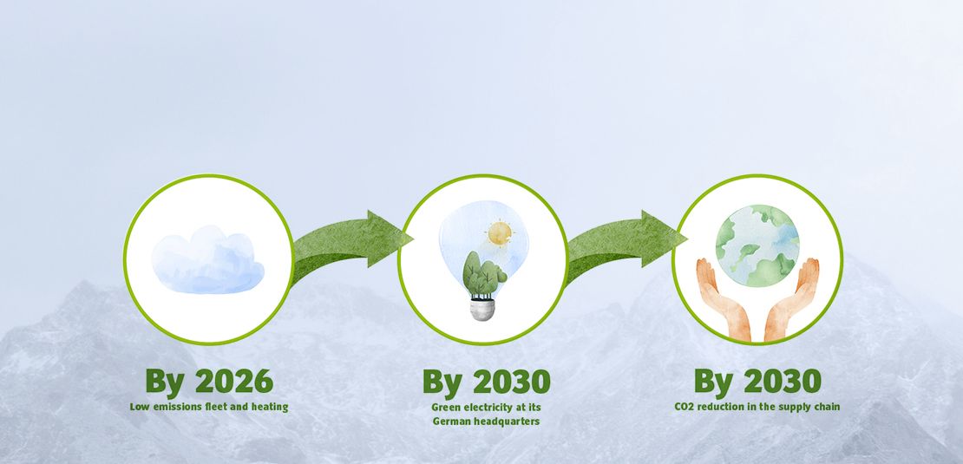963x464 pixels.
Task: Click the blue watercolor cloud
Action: (207, 259)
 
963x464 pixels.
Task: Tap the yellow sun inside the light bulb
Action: (500, 233)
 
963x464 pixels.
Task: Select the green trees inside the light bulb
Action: (483, 274)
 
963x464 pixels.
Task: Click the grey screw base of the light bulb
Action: (482, 309)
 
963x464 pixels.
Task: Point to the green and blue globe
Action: (757, 245)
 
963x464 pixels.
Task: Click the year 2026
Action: (234, 382)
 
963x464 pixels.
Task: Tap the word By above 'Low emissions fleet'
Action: (165, 383)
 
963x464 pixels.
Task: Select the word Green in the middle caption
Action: (445, 407)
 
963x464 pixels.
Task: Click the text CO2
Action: (685, 406)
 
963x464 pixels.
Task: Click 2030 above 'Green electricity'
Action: (512, 382)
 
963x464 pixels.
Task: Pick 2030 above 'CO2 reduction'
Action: (783, 382)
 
